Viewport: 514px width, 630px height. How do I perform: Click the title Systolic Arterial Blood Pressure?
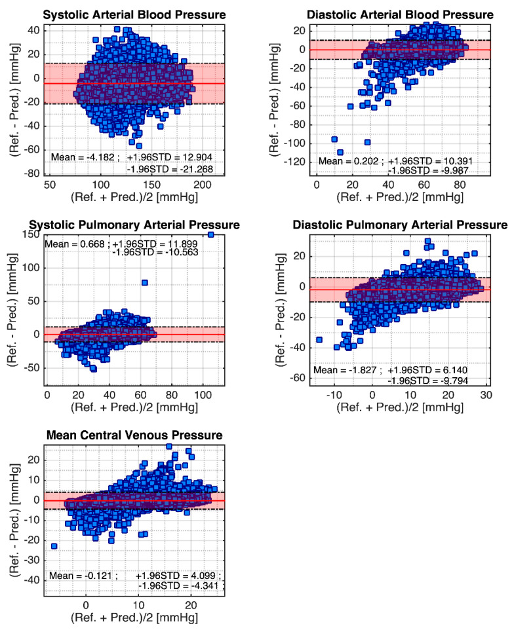point(136,14)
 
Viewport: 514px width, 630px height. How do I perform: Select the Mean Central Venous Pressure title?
point(136,435)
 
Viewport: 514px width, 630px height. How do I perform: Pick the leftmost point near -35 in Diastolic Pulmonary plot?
point(319,339)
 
